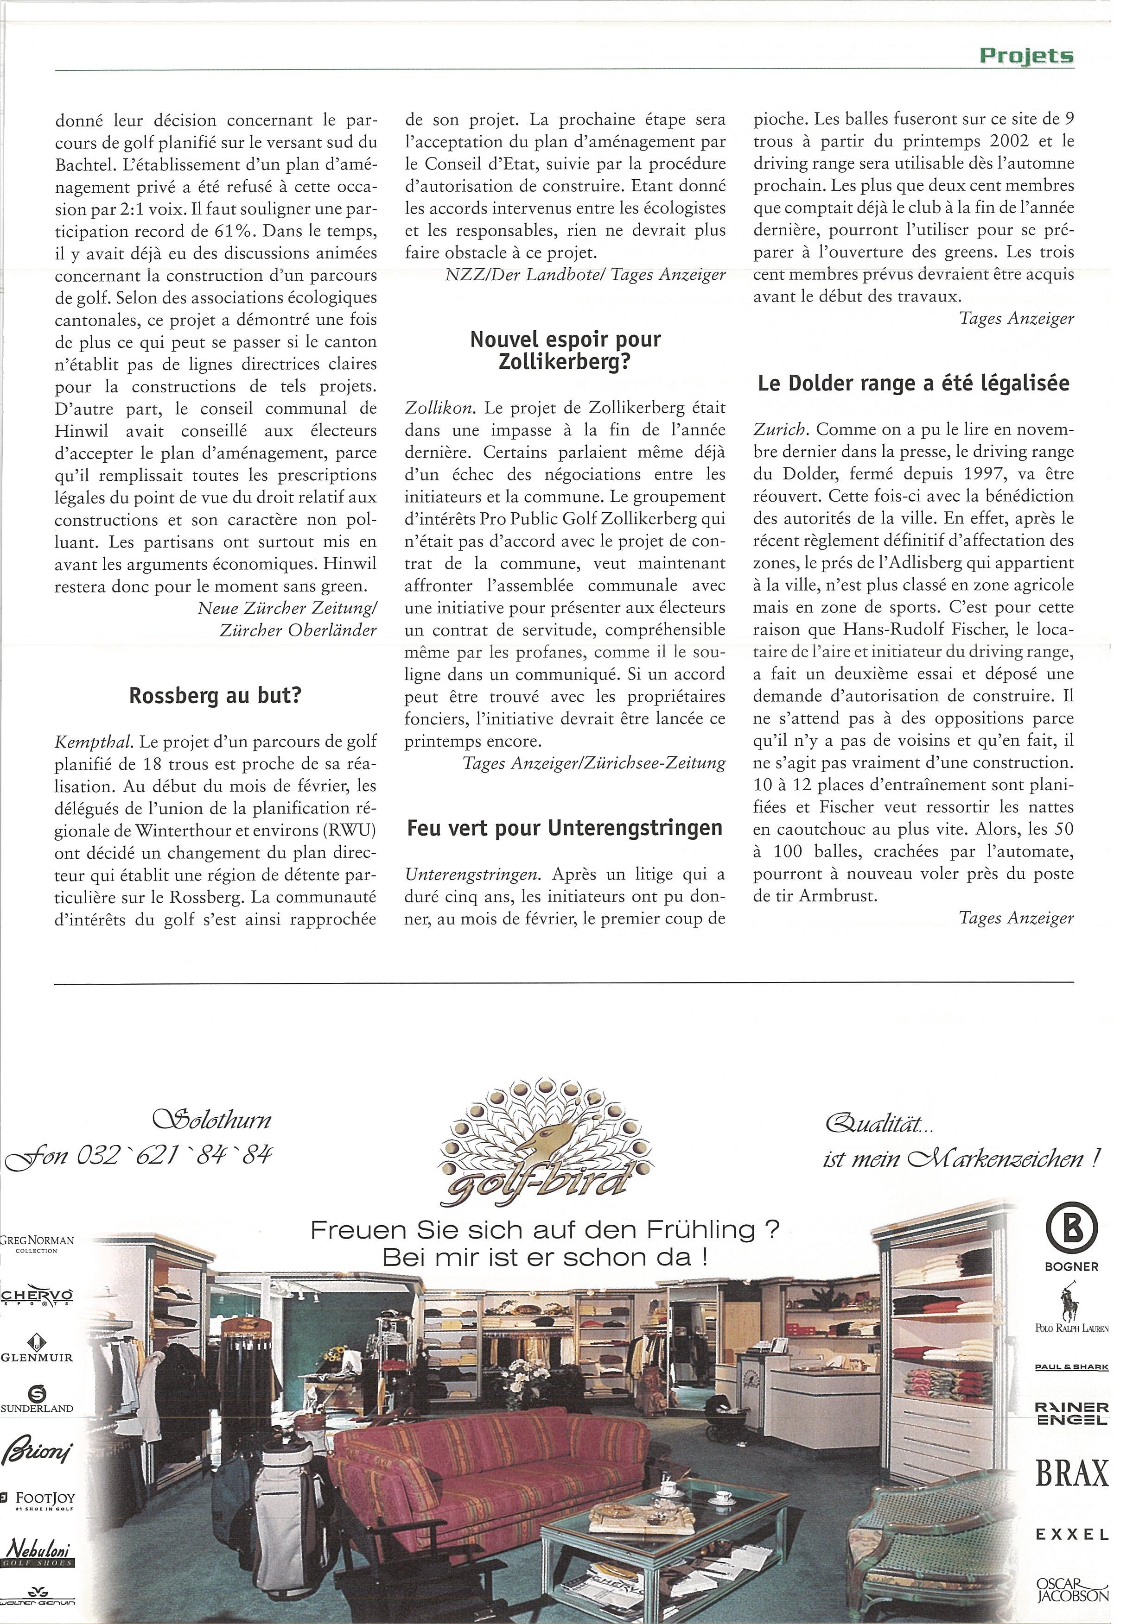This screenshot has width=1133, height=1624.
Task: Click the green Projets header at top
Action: click(x=1026, y=56)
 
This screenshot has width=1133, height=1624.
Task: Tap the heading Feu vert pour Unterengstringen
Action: click(x=565, y=828)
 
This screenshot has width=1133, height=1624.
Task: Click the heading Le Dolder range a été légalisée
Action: click(x=913, y=384)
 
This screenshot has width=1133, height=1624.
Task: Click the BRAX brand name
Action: click(x=1071, y=1474)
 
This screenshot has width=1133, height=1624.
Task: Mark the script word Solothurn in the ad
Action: click(x=211, y=1120)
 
